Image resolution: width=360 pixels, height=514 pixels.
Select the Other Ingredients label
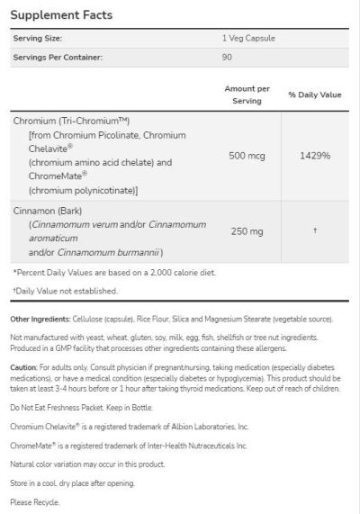[x=41, y=320]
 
